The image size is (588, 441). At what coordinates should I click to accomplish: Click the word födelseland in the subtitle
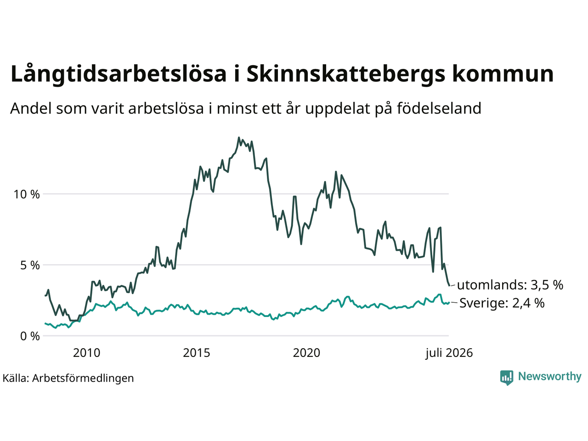point(439,108)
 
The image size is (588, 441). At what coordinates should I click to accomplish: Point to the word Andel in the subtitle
point(31,108)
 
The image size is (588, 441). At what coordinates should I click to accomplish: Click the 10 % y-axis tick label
point(27,195)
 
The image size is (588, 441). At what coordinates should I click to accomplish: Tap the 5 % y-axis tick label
point(30,266)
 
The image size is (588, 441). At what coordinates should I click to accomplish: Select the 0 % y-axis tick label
point(30,336)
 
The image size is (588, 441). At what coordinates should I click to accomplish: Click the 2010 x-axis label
point(86,353)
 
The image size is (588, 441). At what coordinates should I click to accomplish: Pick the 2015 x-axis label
point(196,353)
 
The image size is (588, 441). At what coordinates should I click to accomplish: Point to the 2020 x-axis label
point(306,353)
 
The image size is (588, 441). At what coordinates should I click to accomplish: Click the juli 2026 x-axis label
point(449,353)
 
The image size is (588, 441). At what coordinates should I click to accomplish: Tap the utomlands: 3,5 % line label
point(510,285)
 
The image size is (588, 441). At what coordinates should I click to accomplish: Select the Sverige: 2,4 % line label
point(502,303)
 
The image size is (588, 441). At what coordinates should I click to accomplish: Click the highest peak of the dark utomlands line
point(239,138)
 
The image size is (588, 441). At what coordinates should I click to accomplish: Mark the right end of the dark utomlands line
point(450,286)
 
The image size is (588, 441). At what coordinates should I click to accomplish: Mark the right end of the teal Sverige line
point(449,302)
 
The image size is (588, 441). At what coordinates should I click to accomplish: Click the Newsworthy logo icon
point(507,378)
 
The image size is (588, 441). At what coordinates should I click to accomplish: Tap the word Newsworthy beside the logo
point(550,377)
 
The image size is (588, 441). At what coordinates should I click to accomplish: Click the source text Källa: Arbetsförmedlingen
point(68,379)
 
